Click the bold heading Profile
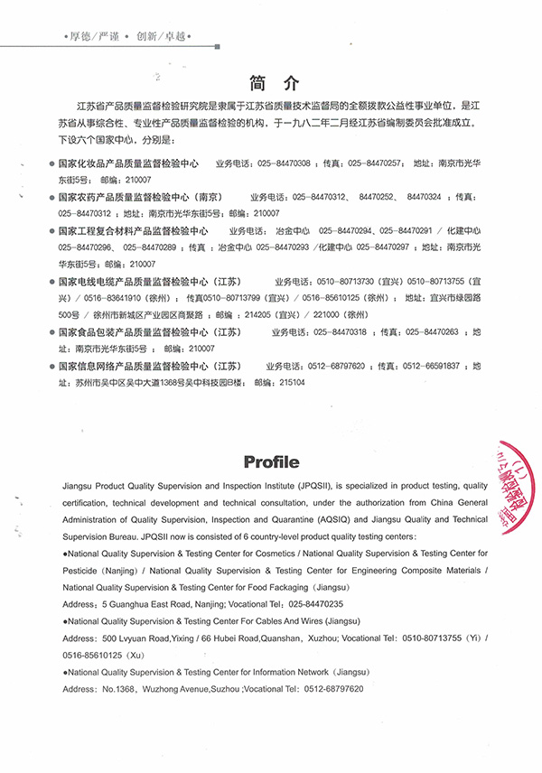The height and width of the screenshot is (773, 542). [x=271, y=462]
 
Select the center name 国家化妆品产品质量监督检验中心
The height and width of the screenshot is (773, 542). [x=127, y=164]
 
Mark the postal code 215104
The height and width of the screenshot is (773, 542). [x=293, y=383]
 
